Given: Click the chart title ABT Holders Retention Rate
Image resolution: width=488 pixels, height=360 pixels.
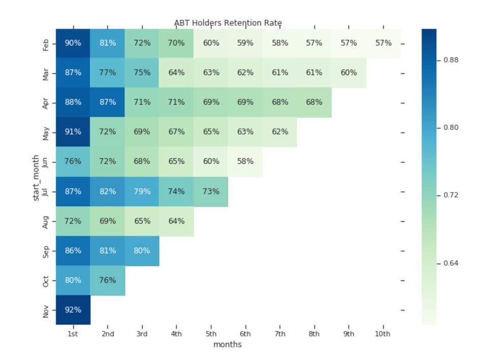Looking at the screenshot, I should pos(228,23).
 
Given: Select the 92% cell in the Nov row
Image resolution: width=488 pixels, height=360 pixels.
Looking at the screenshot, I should pos(73,310).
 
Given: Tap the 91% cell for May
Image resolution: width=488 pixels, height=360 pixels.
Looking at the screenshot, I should pos(73,132).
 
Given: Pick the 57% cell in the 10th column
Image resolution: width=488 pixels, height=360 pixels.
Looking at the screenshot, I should pos(383,43).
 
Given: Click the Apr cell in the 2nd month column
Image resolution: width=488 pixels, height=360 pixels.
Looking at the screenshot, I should pos(107,102).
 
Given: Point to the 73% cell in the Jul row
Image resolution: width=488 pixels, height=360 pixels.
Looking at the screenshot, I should pos(211,192).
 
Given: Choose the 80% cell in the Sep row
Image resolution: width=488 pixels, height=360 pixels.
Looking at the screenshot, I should pos(142,251).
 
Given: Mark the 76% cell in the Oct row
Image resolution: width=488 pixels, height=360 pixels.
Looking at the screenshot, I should pos(107,280).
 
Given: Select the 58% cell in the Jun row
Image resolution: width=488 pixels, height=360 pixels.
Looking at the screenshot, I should pos(245,161).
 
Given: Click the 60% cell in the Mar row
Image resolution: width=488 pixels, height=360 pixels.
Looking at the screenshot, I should pos(349,73).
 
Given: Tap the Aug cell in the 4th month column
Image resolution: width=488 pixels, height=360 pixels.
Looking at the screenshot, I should pos(176,221).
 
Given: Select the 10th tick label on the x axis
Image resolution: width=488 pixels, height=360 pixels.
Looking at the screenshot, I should pos(383,334).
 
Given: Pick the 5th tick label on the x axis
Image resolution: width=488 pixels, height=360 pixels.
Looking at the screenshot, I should pos(211,334).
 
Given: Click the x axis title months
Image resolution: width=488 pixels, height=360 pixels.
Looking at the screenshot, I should pos(228,345).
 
